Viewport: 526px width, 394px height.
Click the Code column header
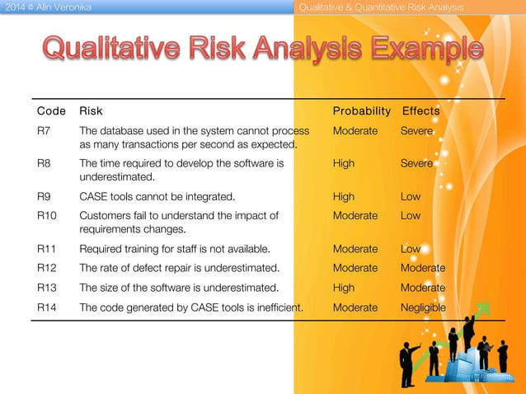tap(52, 110)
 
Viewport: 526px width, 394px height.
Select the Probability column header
tap(361, 110)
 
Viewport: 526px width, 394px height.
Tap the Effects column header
tap(420, 110)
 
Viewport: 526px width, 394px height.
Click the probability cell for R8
tap(344, 164)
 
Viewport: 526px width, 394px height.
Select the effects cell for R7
tap(416, 131)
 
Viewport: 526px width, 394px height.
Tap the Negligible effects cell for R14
tap(423, 307)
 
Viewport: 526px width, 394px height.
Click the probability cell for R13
tap(344, 288)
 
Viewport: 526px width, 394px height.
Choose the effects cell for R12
tap(423, 268)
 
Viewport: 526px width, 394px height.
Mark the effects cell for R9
tap(411, 197)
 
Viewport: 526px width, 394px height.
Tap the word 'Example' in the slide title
tap(418, 49)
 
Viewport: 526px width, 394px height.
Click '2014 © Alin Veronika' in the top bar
tap(46, 7)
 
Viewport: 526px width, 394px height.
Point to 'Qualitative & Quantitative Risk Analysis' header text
tap(381, 7)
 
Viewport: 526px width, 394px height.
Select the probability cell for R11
tap(355, 249)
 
